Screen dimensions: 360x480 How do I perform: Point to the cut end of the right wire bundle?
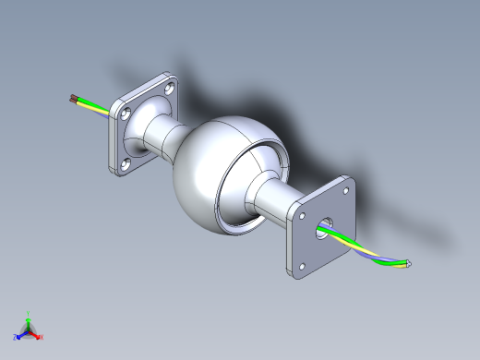(407, 267)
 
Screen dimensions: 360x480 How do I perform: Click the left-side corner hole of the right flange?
(299, 215)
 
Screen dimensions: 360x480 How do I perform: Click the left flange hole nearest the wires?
(125, 115)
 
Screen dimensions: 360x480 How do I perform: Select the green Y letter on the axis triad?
(29, 313)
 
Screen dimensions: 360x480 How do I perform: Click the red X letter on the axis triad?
(42, 337)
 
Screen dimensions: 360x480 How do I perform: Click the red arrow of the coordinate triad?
(34, 333)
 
